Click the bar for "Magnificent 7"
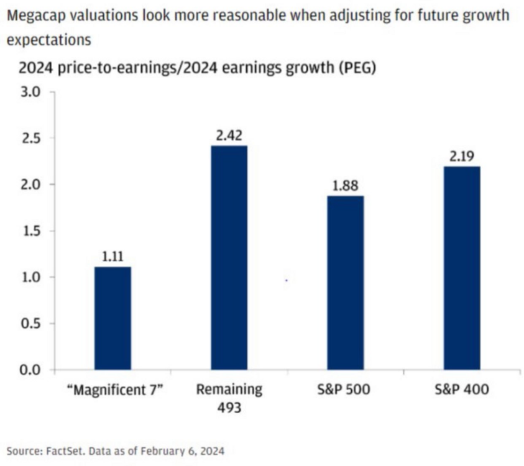tap(113, 318)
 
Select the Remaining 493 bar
tap(229, 258)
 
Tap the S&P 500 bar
tap(346, 283)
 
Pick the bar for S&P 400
tap(462, 268)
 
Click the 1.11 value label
tap(113, 255)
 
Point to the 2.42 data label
tap(229, 134)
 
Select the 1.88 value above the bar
tap(346, 185)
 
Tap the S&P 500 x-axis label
tap(346, 390)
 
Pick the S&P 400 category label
tap(462, 390)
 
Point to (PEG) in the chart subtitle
tap(356, 68)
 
